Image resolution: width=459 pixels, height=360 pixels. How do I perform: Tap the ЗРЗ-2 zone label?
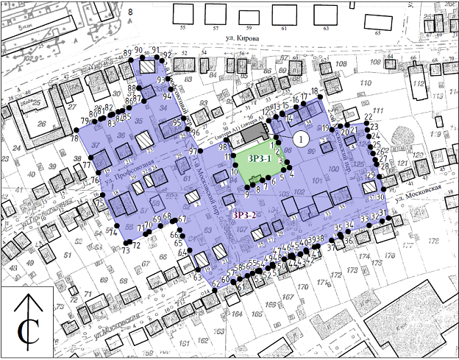(244, 216)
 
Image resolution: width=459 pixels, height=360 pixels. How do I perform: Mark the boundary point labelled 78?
(74, 130)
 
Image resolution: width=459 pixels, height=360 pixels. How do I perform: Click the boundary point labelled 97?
(202, 151)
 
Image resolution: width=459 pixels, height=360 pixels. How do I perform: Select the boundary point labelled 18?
(321, 99)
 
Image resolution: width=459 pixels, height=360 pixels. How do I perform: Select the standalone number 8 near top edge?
(130, 13)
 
